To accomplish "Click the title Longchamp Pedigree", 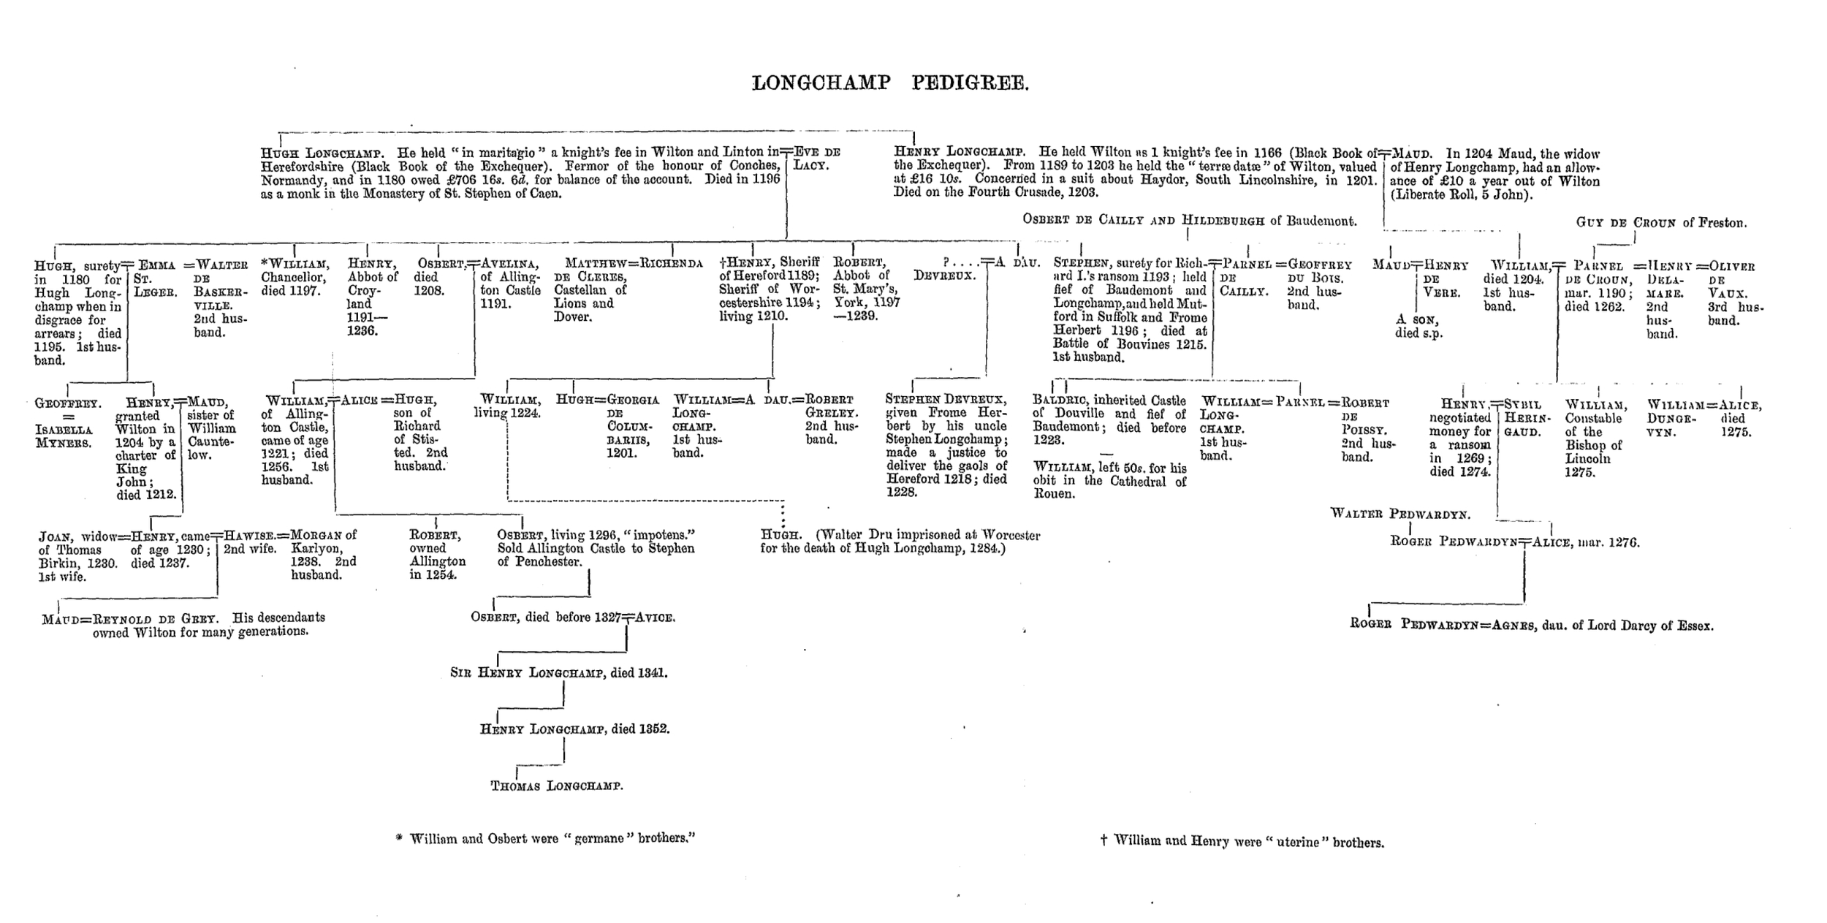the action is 890,83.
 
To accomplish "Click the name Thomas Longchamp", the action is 556,786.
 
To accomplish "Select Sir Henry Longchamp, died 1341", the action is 558,672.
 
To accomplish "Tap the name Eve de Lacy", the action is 817,159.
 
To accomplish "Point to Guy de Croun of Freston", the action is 1661,223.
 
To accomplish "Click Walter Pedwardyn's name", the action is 1400,514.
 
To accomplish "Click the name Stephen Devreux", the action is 946,400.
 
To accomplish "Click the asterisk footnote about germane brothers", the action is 545,838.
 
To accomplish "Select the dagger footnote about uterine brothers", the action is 1242,841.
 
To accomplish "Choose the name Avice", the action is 656,618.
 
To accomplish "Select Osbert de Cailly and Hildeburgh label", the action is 1189,221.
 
